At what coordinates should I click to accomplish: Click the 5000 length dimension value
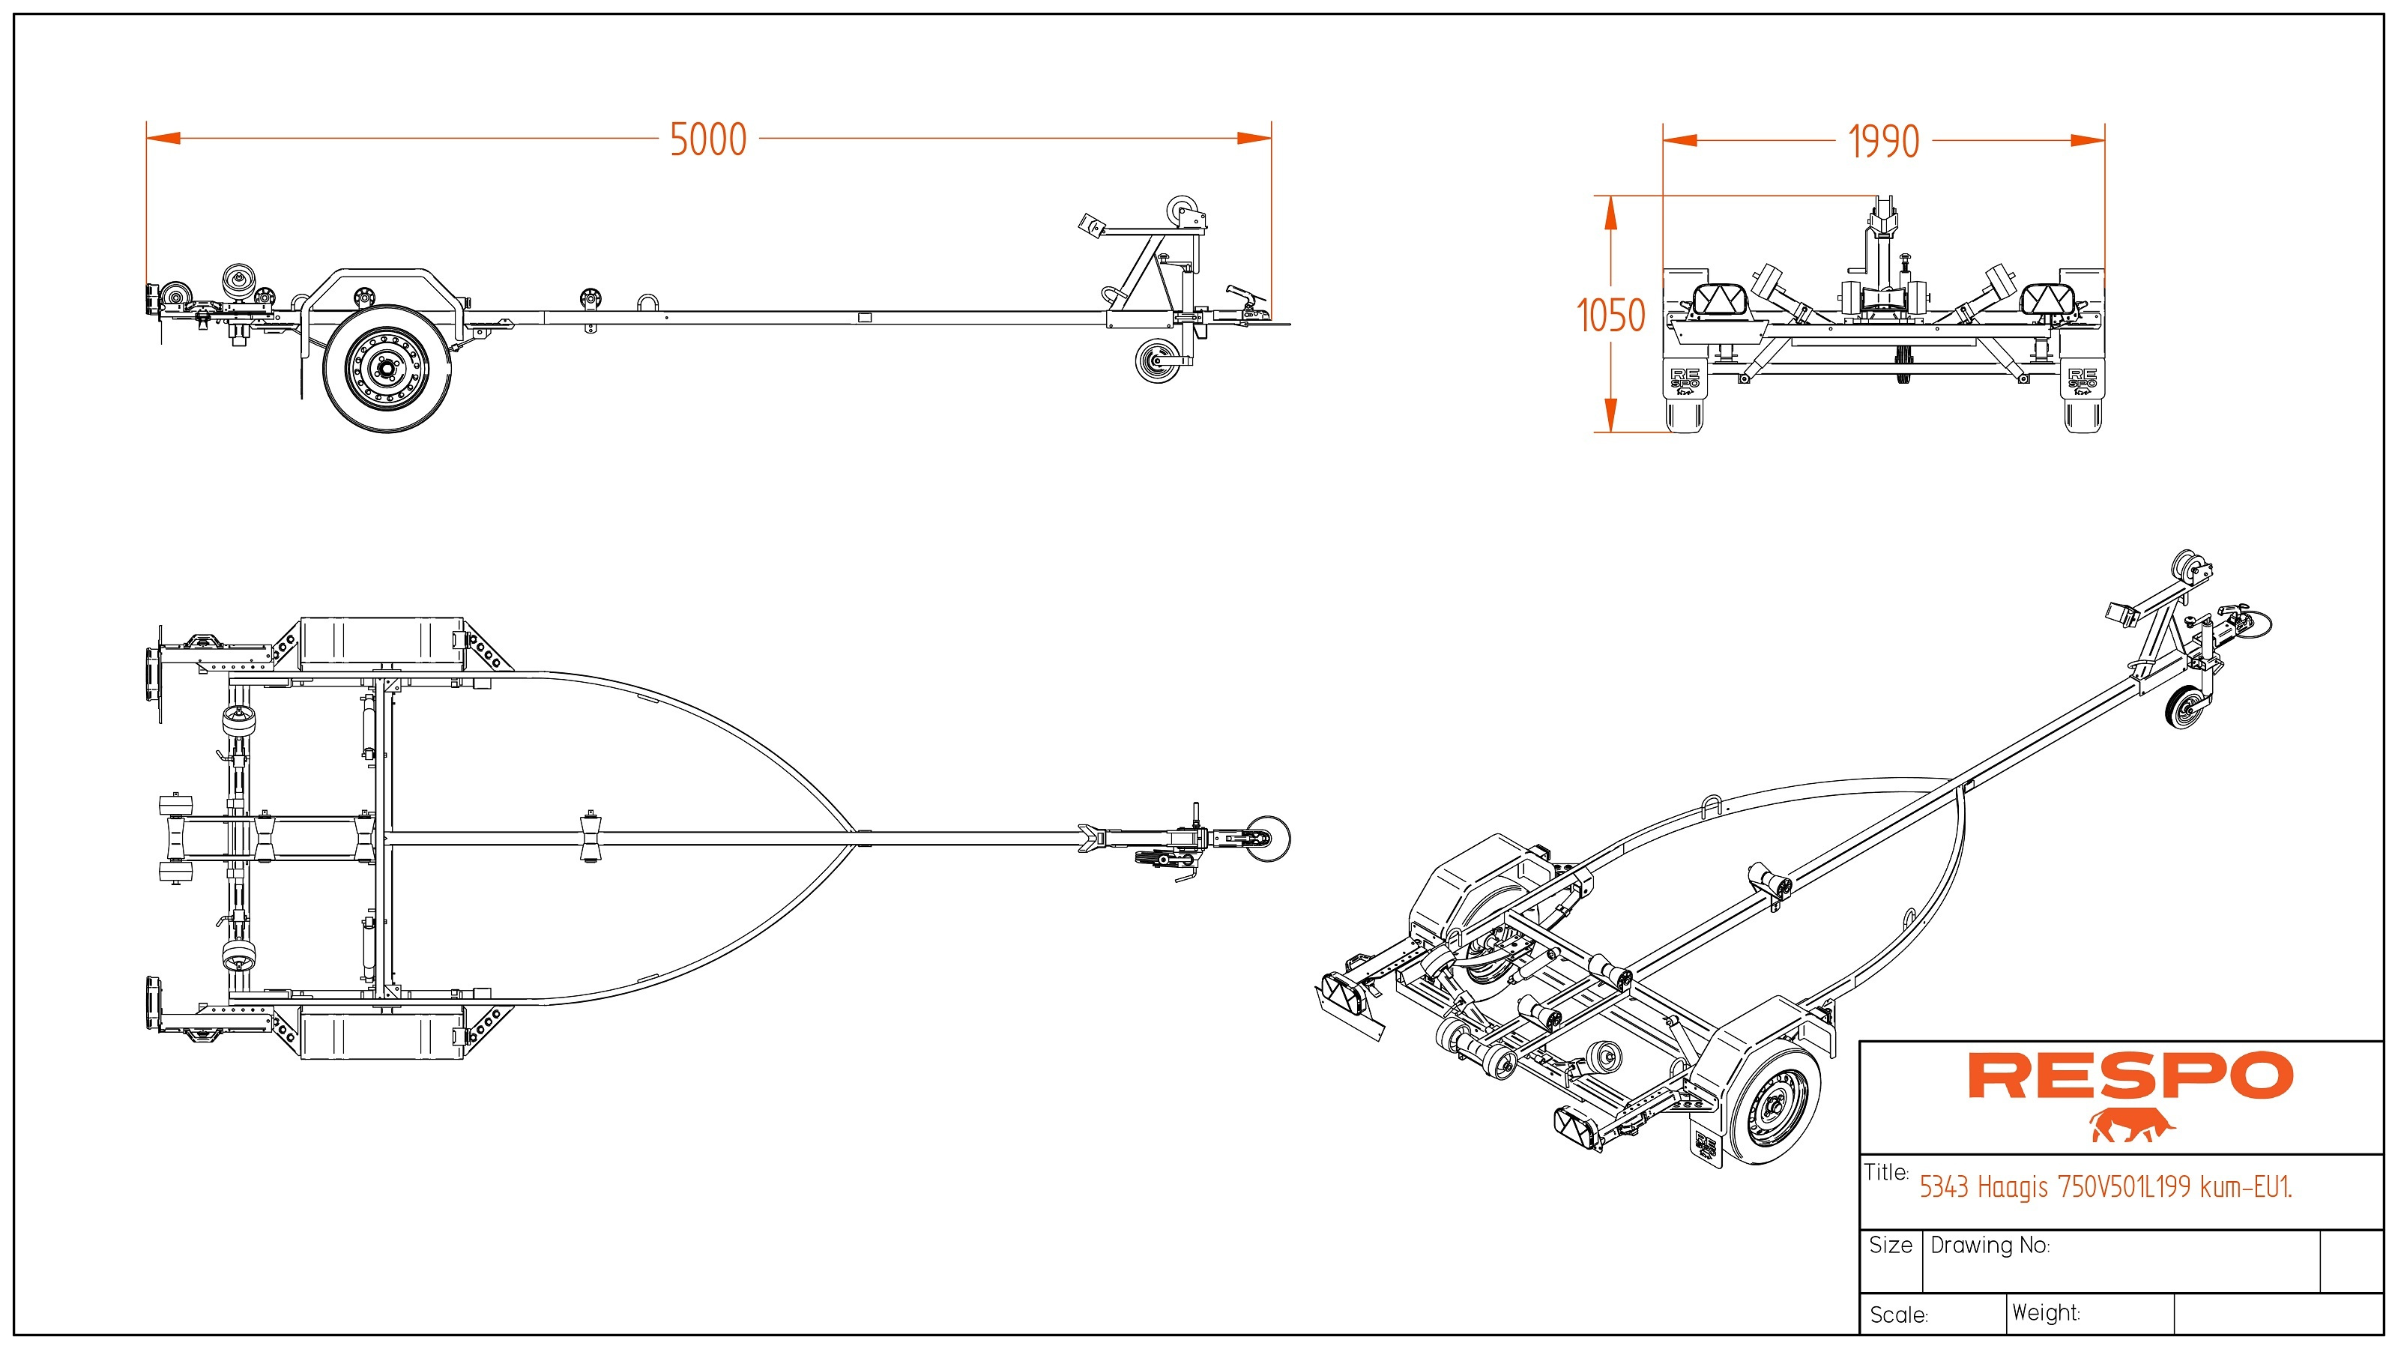708,139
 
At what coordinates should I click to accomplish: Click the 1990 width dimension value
1883,142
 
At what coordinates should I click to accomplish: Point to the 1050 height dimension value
1610,316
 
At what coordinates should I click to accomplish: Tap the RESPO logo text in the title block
2130,1076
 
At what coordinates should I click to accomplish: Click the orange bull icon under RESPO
2132,1126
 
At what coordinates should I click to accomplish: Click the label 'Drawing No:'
1990,1246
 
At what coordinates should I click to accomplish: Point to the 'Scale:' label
1898,1315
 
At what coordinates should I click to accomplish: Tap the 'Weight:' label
2045,1314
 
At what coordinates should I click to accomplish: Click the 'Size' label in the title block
1890,1246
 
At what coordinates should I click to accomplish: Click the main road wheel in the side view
387,369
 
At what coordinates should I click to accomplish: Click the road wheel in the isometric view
1769,1107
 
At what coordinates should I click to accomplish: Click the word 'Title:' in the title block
1886,1172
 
